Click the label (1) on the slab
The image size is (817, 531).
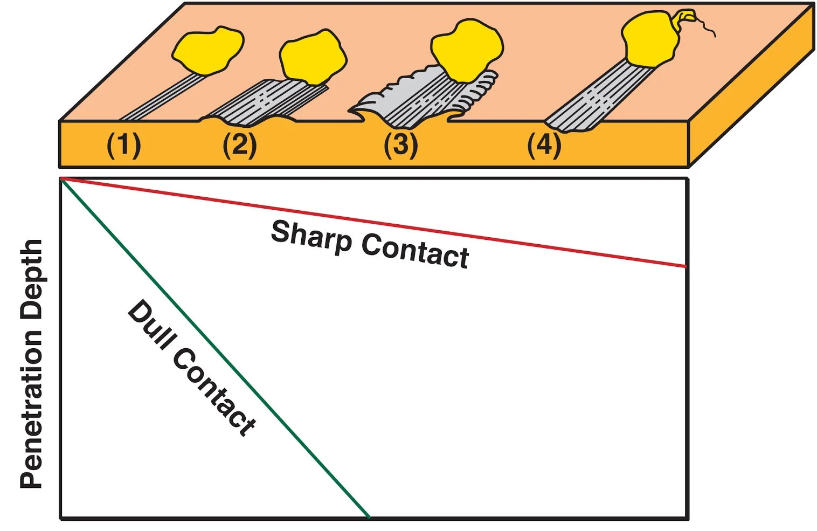pyautogui.click(x=123, y=145)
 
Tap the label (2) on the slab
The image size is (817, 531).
pyautogui.click(x=239, y=145)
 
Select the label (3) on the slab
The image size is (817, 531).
pyautogui.click(x=400, y=145)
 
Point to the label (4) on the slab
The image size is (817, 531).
pyautogui.click(x=544, y=145)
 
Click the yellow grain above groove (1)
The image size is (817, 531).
pyautogui.click(x=207, y=49)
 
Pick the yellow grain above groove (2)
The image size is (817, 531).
pyautogui.click(x=313, y=57)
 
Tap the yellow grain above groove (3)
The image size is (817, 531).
pyautogui.click(x=467, y=49)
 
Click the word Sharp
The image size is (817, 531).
pyautogui.click(x=311, y=237)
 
